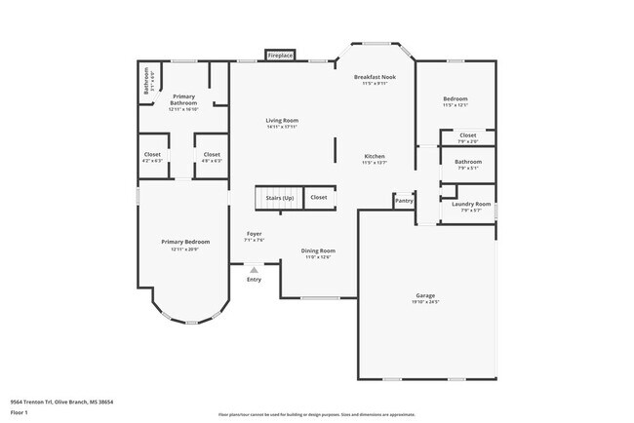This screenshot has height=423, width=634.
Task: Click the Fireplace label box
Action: (x=279, y=56)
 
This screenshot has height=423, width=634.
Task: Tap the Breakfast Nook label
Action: (x=376, y=77)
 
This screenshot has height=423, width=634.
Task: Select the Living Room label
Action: (x=282, y=121)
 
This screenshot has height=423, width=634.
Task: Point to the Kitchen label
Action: (x=376, y=156)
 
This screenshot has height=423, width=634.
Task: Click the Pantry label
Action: (x=404, y=201)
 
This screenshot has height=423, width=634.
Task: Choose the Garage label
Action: (x=425, y=295)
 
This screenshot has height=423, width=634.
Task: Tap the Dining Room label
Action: (x=318, y=250)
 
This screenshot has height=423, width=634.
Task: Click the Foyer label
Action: (x=254, y=234)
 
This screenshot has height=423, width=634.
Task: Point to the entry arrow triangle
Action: (x=255, y=270)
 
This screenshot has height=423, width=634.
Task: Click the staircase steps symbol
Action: (x=268, y=198)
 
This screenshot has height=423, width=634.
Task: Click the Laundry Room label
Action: (x=468, y=204)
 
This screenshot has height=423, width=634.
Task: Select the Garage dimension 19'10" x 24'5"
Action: (x=425, y=302)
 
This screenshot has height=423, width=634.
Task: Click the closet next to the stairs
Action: (x=319, y=198)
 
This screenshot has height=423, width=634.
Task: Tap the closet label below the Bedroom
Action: (x=468, y=135)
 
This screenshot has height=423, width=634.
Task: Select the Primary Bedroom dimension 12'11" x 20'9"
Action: (x=184, y=250)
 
